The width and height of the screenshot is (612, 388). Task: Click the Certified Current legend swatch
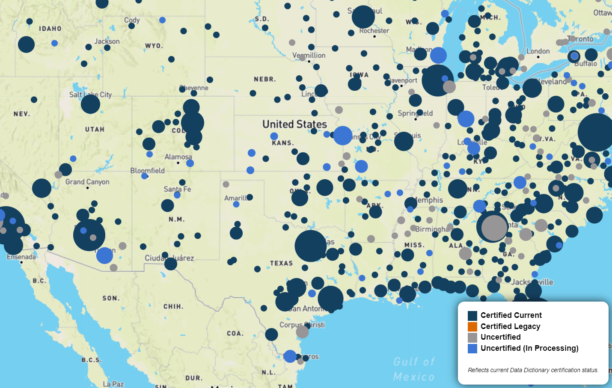click(x=472, y=316)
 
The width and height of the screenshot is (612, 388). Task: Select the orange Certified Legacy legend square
click(x=472, y=327)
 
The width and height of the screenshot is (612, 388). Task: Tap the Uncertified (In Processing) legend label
click(x=529, y=348)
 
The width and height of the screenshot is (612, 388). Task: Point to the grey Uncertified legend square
click(x=472, y=338)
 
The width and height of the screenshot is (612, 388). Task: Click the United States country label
click(x=294, y=124)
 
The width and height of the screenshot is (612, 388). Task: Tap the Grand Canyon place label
click(x=87, y=182)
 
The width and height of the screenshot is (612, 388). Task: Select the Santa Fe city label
click(x=177, y=189)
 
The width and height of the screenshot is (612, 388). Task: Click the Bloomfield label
click(x=147, y=171)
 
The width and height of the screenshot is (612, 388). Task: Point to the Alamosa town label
click(x=178, y=157)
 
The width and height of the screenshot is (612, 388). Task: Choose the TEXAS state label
click(x=281, y=263)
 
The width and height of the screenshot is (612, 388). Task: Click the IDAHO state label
click(x=50, y=29)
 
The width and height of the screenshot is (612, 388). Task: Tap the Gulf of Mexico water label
click(x=414, y=369)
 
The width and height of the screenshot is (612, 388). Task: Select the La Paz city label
click(x=113, y=384)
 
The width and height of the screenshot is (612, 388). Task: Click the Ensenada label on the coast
click(x=21, y=257)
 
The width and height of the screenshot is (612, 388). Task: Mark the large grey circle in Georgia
click(x=494, y=228)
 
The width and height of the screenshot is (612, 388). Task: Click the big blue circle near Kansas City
click(x=343, y=136)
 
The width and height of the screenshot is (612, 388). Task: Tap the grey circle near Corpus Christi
click(x=302, y=332)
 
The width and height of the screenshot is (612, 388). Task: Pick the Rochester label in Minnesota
click(x=374, y=31)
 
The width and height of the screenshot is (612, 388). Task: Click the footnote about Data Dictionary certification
click(x=533, y=370)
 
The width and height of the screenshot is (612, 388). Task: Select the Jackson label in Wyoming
click(x=107, y=41)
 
